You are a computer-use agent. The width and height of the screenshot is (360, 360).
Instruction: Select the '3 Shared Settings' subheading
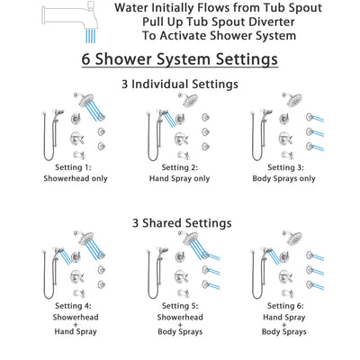pos(179,222)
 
